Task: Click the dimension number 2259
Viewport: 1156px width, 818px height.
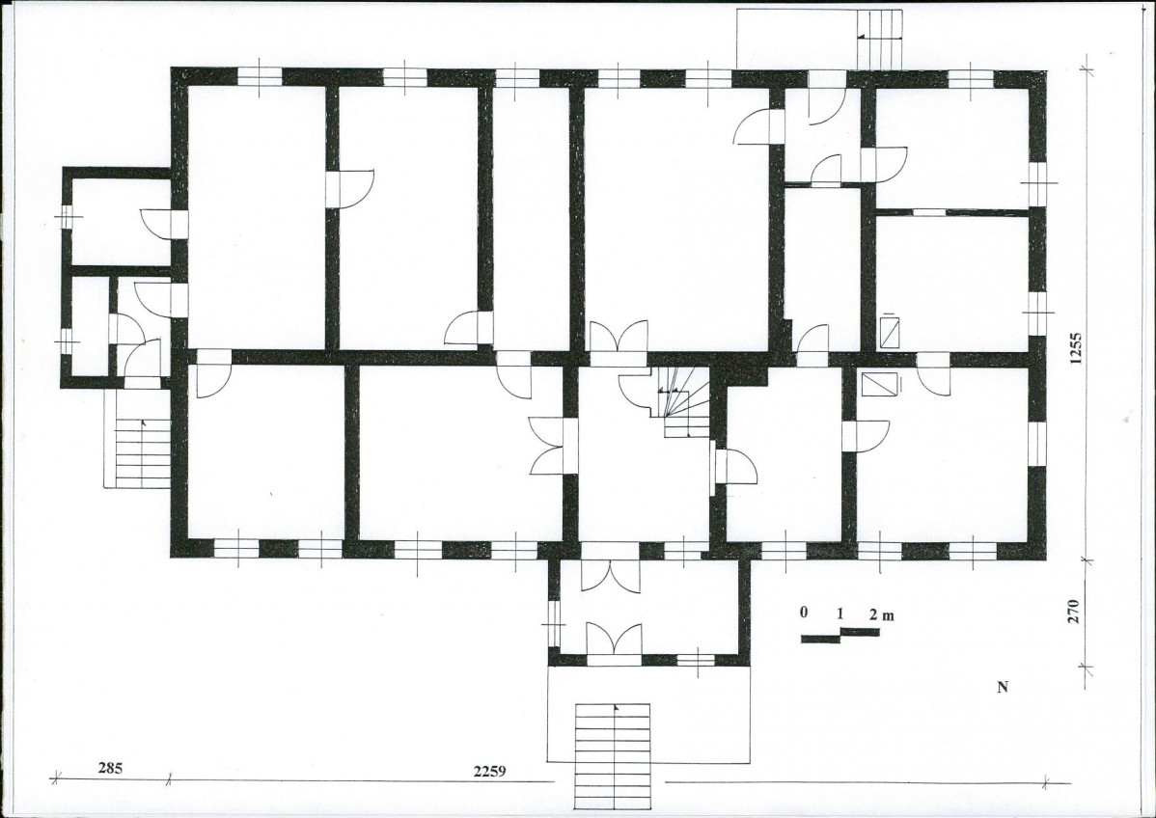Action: [x=489, y=772]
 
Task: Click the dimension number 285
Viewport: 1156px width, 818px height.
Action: [x=110, y=768]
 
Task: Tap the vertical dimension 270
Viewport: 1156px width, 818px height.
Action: [x=1073, y=612]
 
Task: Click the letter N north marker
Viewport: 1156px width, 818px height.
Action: [x=1003, y=688]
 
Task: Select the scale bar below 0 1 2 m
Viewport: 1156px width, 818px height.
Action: [x=840, y=635]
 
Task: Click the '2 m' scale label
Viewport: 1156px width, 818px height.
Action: [x=882, y=614]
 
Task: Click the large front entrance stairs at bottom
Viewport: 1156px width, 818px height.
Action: [x=614, y=756]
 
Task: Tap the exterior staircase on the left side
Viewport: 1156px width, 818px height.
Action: [x=143, y=453]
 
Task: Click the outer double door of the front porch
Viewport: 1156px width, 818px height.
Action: [x=614, y=639]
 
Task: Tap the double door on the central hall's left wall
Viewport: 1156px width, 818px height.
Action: [x=548, y=446]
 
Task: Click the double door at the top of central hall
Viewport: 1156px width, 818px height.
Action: [x=619, y=338]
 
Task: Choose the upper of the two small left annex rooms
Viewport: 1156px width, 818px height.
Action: [x=121, y=221]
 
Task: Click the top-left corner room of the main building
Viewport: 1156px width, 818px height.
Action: [x=257, y=217]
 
